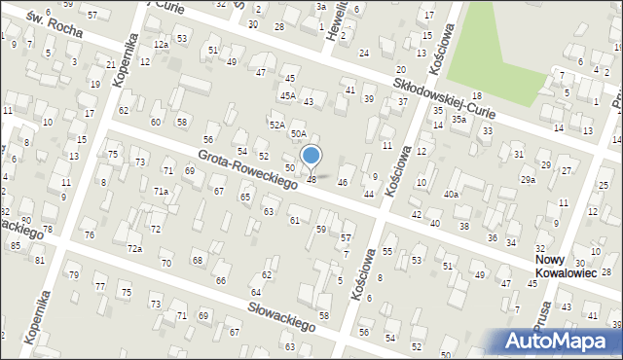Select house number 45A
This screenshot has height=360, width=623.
[287, 95]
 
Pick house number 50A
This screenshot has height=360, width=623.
[298, 133]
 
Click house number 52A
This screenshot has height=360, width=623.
[276, 126]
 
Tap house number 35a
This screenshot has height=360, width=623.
[458, 119]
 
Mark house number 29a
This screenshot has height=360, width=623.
[528, 180]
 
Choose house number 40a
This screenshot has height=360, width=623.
[451, 195]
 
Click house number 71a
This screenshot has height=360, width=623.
[161, 192]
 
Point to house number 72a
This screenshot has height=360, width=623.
[134, 250]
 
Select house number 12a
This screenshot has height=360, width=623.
[161, 45]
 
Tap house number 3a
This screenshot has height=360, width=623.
[320, 6]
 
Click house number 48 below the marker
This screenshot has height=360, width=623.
[311, 179]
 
